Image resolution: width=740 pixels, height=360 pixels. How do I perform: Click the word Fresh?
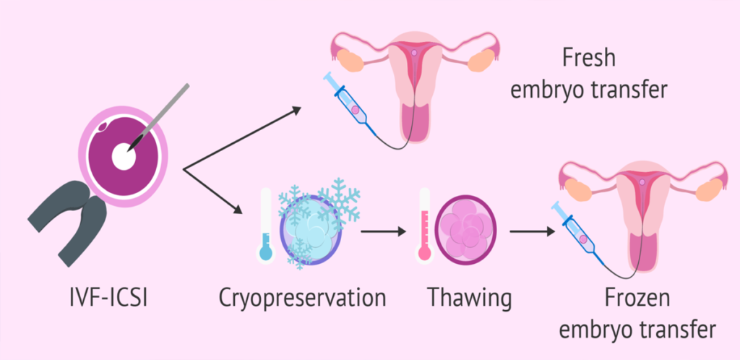pos(589,59)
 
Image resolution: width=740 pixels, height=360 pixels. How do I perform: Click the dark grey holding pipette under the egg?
pos(69,221)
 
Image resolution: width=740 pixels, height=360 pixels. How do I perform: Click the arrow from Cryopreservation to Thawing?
pos(383,231)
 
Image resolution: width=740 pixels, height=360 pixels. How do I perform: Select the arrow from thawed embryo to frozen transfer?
pos(532,231)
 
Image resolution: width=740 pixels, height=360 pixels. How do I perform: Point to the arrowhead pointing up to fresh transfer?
pos(296,111)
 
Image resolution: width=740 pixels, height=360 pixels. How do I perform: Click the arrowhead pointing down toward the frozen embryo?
pos(237,210)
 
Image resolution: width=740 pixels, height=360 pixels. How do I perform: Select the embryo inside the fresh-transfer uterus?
pos(414,53)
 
